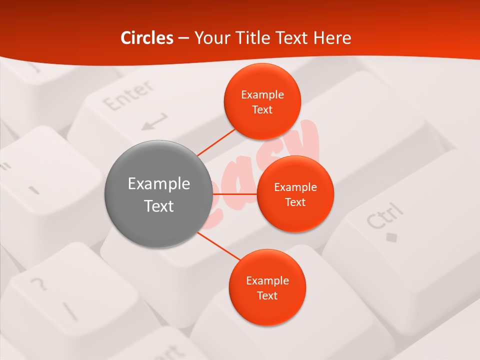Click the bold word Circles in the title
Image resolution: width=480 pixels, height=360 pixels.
(x=147, y=38)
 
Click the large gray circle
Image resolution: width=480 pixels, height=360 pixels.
(x=158, y=194)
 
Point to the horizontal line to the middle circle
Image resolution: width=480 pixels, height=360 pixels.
(x=234, y=193)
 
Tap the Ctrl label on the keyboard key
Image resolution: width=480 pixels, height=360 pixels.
(x=384, y=215)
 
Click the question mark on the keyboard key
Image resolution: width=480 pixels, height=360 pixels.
(x=38, y=284)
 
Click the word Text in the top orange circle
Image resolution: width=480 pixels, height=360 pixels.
(x=262, y=109)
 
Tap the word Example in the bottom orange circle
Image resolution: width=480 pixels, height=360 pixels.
(x=267, y=280)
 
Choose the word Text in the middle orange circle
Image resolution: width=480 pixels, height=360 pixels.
(x=295, y=202)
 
